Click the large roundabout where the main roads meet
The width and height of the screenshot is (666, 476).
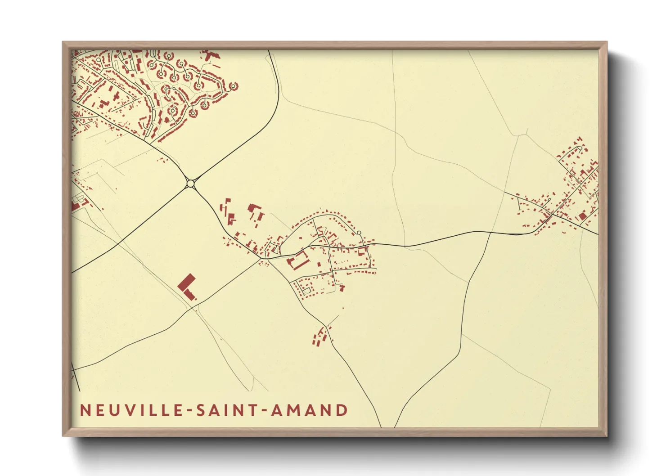[x=190, y=183]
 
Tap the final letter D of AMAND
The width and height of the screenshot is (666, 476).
[x=342, y=410]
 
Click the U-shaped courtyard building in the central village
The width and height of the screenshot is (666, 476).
[x=297, y=261]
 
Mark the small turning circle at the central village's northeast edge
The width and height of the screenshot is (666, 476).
[x=359, y=233]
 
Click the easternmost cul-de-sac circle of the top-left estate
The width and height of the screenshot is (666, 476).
[x=234, y=85]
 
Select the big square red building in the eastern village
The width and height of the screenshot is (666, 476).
[x=582, y=216]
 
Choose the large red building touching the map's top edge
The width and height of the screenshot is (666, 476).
[x=208, y=55]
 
